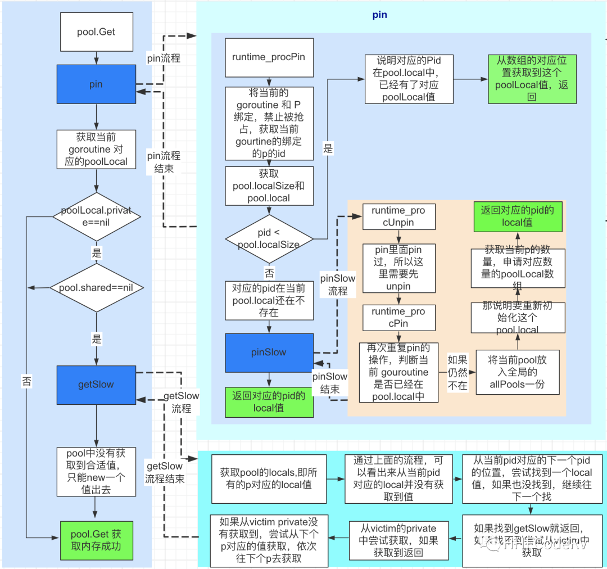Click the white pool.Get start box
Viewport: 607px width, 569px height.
point(96,33)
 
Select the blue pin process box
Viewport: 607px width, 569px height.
point(96,84)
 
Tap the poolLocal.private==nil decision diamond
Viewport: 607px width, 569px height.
point(96,216)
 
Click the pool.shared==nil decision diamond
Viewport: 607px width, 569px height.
point(96,287)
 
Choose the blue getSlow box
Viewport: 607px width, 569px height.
point(96,385)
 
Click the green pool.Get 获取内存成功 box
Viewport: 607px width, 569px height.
point(96,540)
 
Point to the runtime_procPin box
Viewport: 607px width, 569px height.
point(269,57)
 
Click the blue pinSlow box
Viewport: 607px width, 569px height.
point(269,353)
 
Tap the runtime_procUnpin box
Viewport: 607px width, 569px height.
point(398,216)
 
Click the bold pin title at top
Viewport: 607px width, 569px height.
point(380,15)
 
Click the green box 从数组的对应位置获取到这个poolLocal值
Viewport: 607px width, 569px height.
point(532,79)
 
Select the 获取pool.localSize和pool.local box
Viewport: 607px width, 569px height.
point(269,186)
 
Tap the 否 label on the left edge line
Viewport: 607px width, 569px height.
point(26,381)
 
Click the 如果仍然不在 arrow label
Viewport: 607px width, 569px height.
point(457,372)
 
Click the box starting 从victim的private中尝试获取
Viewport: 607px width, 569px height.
point(398,540)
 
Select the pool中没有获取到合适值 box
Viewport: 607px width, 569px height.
point(96,472)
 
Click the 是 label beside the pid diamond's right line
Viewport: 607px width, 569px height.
point(328,148)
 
